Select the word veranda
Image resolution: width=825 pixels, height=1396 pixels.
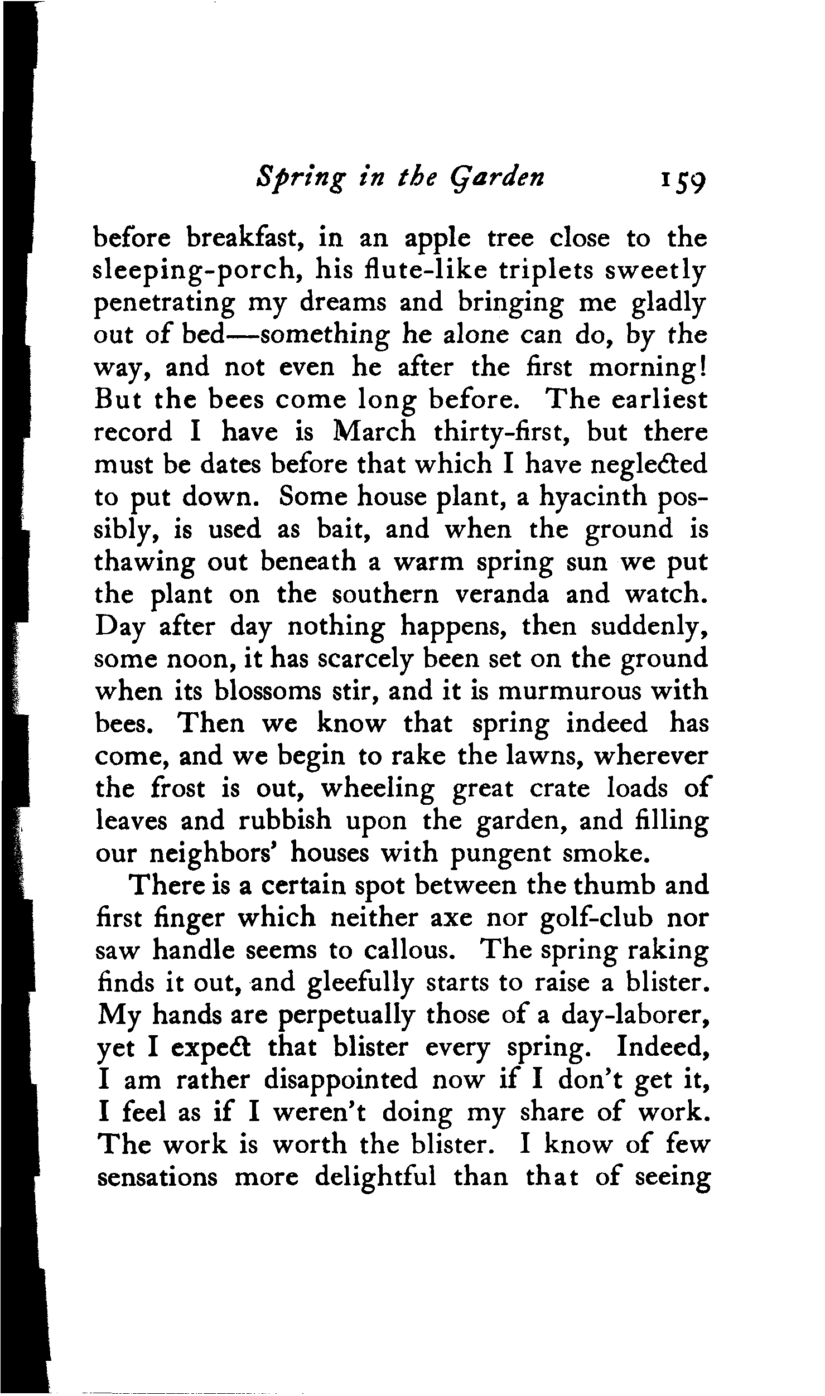(502, 595)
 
